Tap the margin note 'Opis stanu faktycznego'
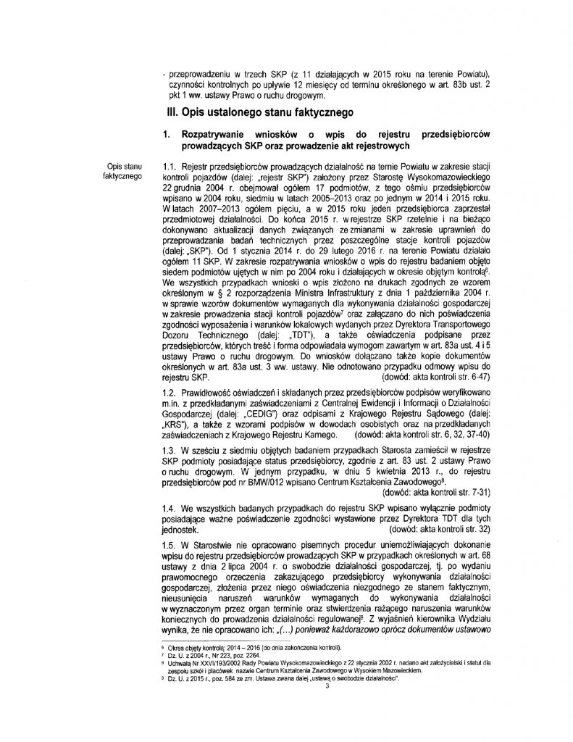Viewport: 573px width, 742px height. pos(123,171)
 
